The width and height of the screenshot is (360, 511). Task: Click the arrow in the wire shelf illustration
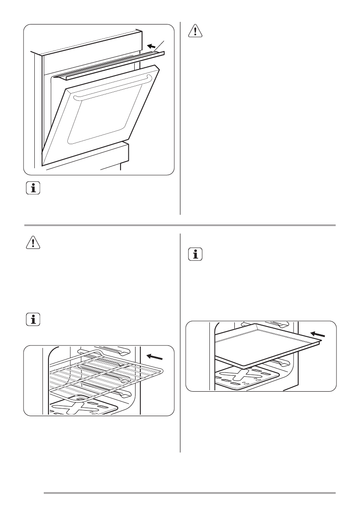point(154,356)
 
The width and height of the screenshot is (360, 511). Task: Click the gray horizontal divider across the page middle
point(180,225)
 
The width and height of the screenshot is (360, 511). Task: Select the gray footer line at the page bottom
point(189,493)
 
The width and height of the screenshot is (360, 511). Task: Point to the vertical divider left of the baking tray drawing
point(180,343)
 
